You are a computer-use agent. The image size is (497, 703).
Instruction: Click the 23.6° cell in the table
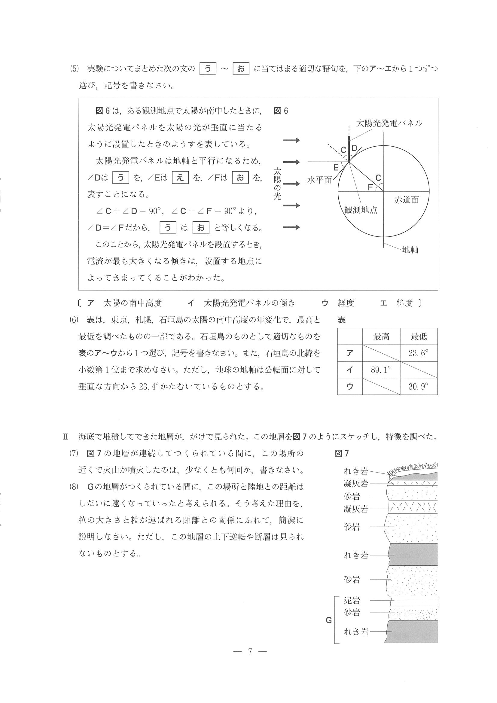418,353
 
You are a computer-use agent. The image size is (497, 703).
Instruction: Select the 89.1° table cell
381,370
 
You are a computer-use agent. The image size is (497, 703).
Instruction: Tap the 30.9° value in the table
418,386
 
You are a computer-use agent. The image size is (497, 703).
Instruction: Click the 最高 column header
381,337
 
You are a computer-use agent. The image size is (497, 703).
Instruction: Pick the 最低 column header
418,337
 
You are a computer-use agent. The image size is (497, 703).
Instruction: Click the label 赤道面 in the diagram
406,200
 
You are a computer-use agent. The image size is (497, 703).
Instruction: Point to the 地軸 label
410,250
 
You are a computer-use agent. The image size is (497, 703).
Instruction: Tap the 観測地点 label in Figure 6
361,210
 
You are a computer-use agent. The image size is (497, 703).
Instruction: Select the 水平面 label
319,180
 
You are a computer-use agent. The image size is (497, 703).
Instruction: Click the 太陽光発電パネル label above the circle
389,123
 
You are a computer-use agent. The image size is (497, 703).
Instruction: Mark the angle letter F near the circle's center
370,187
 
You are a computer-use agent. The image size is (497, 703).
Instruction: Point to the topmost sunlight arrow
291,141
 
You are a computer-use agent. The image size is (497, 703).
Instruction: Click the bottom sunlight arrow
291,227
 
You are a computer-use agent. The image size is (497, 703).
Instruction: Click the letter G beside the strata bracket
328,620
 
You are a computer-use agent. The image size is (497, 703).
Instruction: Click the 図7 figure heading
341,453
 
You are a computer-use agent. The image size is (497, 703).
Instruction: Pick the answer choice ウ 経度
338,303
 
